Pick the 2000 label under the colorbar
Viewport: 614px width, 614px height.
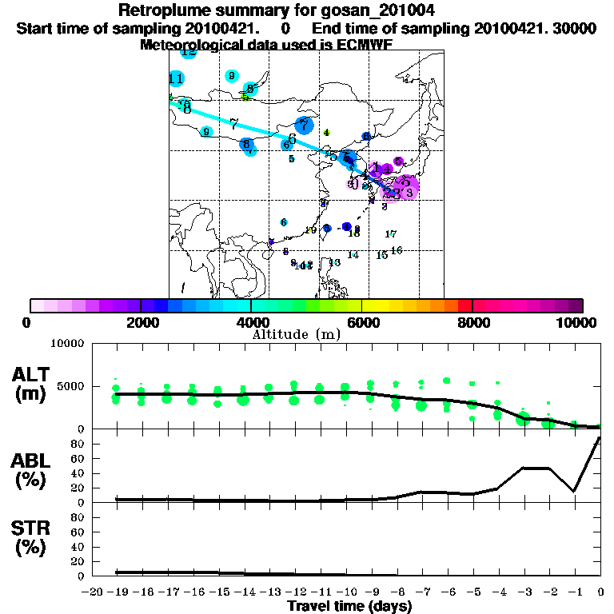pos(141,323)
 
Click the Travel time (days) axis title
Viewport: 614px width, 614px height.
pos(349,606)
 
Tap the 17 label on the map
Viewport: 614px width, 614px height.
pos(391,234)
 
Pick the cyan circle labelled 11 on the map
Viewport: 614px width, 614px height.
pos(177,78)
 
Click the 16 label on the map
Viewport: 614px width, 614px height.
pos(397,250)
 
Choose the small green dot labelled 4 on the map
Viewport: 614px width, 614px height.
pos(326,133)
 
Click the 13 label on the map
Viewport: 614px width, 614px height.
pos(335,262)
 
